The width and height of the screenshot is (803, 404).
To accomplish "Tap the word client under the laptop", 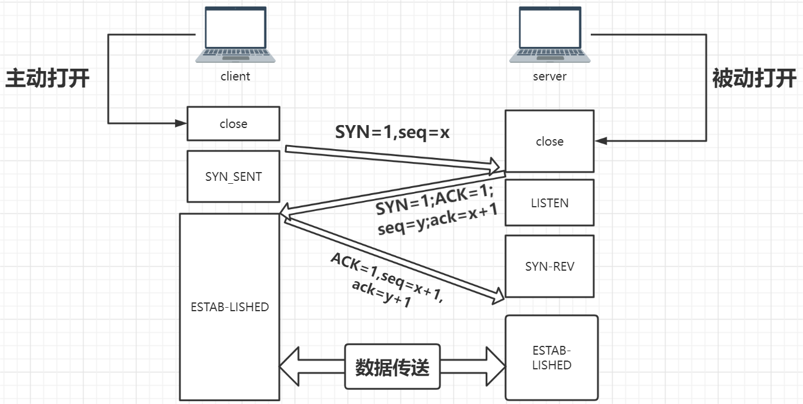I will (235, 76).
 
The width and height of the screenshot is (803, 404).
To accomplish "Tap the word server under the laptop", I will (550, 76).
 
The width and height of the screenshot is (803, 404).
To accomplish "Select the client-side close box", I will (233, 124).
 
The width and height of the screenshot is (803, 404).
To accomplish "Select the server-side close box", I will (550, 142).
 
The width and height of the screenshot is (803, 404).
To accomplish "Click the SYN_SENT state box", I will (233, 176).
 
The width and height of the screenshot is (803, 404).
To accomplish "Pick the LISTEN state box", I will (550, 203).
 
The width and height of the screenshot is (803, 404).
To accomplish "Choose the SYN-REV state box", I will (550, 266).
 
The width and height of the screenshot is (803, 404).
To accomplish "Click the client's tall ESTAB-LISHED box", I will (229, 307).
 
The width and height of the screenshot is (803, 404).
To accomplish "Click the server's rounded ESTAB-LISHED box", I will (551, 358).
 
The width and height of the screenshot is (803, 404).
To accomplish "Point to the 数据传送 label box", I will (392, 367).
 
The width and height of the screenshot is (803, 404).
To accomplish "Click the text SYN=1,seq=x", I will (392, 133).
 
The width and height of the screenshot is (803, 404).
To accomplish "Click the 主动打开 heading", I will (47, 78).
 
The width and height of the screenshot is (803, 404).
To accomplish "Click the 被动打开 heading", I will (754, 78).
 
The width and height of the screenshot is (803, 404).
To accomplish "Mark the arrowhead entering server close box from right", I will (600, 141).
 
